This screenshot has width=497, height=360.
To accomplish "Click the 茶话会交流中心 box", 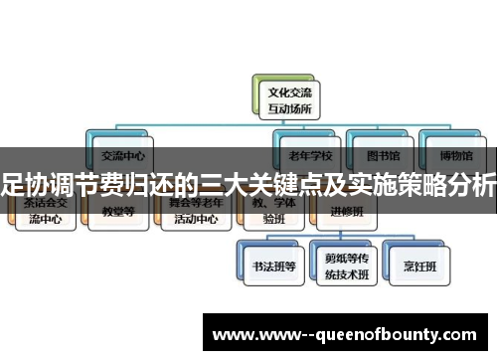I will (x=47, y=212).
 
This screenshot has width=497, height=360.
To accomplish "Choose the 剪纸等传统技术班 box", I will (x=342, y=267).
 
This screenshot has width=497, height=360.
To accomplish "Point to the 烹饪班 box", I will (x=414, y=267).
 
